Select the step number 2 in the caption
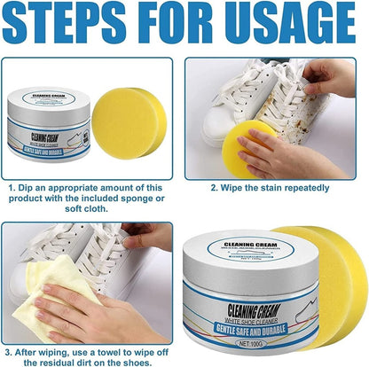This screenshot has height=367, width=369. point(215,187)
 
